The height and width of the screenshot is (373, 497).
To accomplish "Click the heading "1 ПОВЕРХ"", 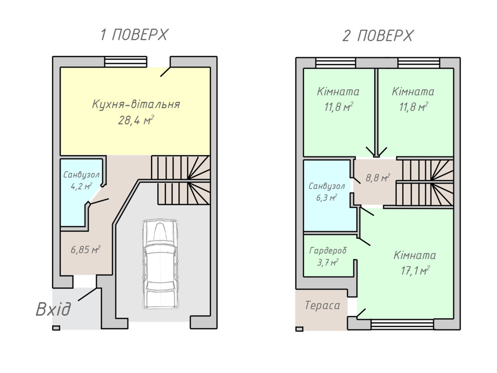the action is (134, 35).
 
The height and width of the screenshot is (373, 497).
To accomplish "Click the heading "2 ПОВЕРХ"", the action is (378, 36).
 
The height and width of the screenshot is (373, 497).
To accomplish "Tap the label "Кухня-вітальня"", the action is (136, 104).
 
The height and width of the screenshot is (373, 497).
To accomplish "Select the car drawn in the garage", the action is (160, 264).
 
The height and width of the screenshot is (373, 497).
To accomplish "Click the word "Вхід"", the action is (53, 309).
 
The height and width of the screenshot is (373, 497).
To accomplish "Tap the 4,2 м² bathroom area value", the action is (81, 186).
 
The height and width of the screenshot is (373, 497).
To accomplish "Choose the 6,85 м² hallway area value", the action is (86, 250).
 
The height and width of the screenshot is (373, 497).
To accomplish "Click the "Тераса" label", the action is (322, 305).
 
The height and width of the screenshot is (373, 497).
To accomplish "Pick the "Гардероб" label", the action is (328, 251).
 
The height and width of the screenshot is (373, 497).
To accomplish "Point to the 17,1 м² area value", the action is (415, 270).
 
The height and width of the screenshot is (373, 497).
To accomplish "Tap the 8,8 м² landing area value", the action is (378, 178).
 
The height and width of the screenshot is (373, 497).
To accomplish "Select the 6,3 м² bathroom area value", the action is (326, 197).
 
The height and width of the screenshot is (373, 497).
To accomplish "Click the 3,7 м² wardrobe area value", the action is (328, 262).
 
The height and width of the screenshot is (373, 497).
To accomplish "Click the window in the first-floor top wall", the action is (126, 62).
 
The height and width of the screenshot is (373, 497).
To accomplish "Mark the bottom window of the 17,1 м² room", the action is (402, 324).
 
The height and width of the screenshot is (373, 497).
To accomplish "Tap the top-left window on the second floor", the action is (335, 63).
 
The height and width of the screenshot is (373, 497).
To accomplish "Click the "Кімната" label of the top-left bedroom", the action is (338, 92).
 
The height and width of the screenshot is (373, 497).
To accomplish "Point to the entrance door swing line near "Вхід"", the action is (88, 294).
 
